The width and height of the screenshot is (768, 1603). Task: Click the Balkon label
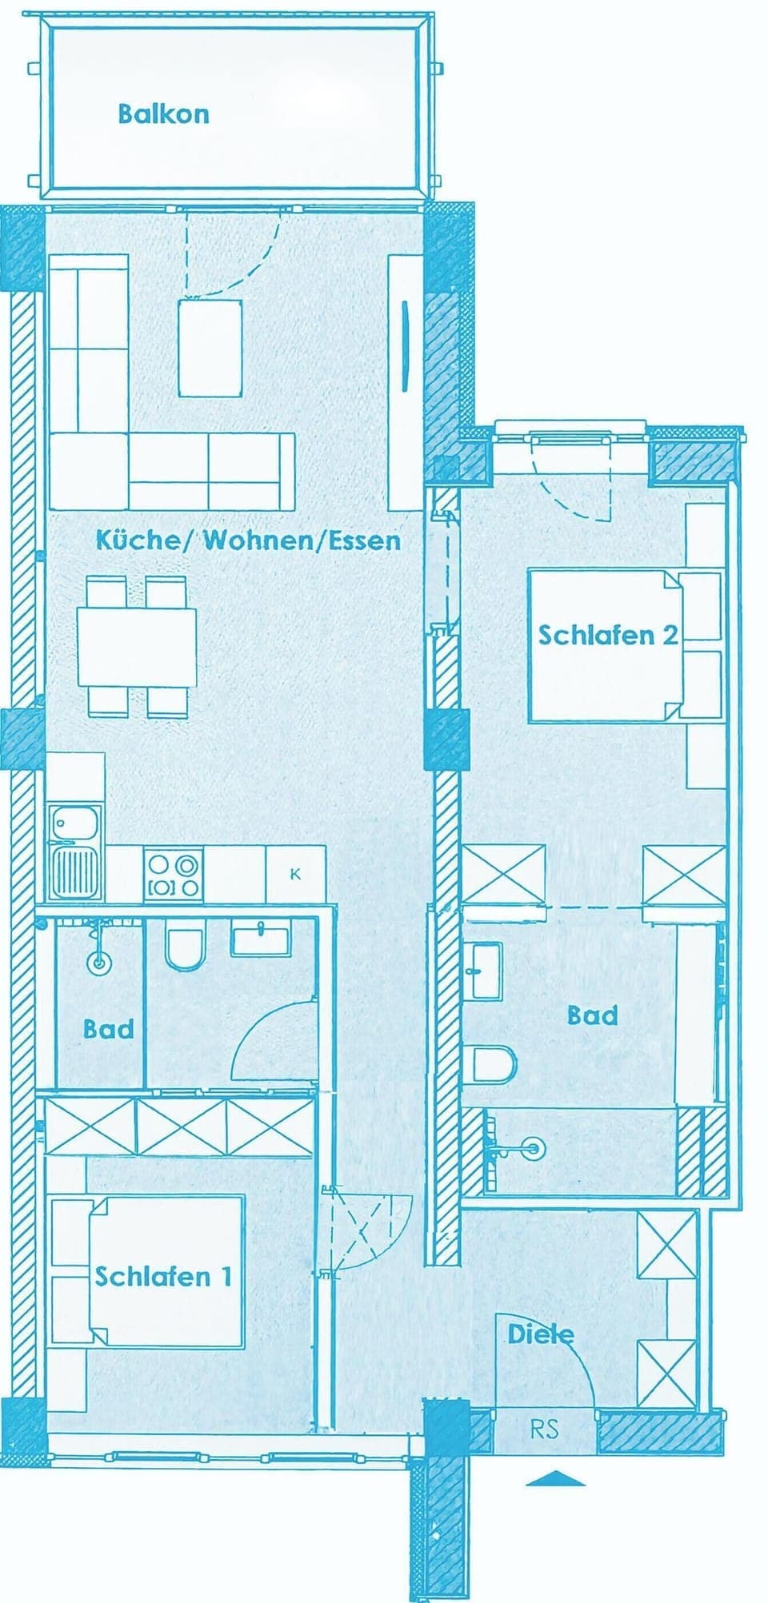[163, 114]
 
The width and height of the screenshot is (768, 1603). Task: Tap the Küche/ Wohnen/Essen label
[248, 540]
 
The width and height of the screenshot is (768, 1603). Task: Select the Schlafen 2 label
[609, 636]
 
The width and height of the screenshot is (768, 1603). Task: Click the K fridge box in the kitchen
[295, 874]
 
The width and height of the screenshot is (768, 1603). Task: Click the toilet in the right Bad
[496, 1064]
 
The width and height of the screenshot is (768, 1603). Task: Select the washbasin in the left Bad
[262, 937]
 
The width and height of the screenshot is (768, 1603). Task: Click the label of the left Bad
[109, 1028]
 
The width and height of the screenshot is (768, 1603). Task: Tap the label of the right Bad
[593, 1015]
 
